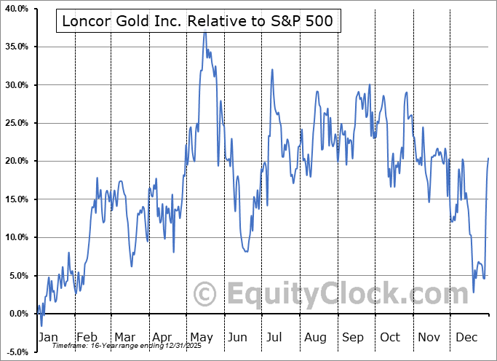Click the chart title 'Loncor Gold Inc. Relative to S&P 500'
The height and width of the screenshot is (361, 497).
[x=197, y=21]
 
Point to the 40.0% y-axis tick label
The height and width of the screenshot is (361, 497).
[x=16, y=9]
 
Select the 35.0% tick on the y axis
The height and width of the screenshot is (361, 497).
[x=16, y=47]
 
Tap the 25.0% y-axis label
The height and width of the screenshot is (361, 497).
[x=16, y=123]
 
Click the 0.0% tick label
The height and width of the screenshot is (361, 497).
[x=18, y=314]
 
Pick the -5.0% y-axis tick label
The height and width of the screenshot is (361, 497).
[x=17, y=352]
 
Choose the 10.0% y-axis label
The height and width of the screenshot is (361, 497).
[x=16, y=237]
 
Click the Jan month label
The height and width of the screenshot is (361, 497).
[x=47, y=338]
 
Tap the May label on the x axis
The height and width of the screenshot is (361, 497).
[x=201, y=338]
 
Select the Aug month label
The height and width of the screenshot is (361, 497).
[x=315, y=338]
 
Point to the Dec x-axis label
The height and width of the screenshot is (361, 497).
[x=466, y=338]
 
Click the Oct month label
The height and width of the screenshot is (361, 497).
[x=390, y=338]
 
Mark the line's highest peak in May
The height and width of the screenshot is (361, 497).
[x=204, y=32]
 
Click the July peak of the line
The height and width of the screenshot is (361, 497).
[x=272, y=69]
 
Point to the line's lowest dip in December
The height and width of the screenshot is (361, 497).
[x=474, y=293]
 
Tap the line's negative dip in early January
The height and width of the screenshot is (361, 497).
[x=41, y=326]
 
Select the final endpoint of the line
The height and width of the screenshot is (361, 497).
[x=488, y=158]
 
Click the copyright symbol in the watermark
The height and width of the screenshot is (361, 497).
[x=205, y=295]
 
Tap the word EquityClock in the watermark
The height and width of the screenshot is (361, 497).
[x=338, y=295]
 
